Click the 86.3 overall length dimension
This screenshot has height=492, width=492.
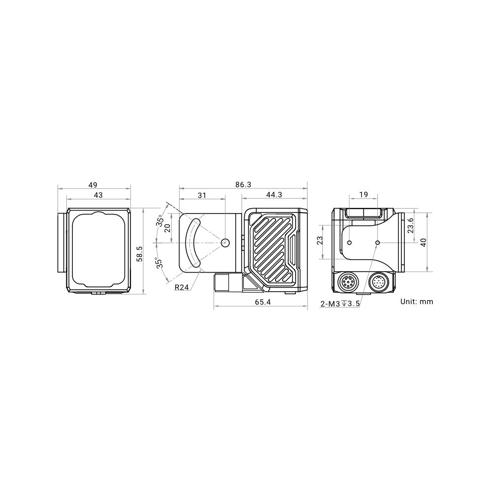point(243,184)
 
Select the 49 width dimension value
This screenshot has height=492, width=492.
point(93,185)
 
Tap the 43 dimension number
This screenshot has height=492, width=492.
point(98,195)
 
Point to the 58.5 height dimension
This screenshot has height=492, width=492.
point(140,253)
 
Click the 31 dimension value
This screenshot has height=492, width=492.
point(202,195)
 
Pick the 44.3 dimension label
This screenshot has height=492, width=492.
point(274,194)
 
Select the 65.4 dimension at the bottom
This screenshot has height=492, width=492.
point(263,302)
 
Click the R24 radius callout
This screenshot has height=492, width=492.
point(182,287)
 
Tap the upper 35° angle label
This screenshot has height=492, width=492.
point(160,220)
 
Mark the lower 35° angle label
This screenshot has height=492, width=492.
point(160,263)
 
